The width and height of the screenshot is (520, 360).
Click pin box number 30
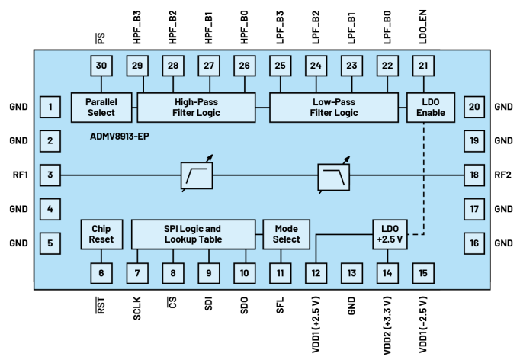101,66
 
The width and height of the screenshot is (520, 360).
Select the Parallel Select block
101,108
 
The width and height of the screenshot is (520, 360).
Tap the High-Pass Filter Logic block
195,108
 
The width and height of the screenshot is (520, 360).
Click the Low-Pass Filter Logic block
334,108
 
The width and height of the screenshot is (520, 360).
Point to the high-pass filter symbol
197,175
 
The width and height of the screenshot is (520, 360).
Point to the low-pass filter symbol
334,175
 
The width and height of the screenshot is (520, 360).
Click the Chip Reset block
101,234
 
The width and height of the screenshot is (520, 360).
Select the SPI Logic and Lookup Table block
192,234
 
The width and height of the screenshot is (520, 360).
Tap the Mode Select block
286,234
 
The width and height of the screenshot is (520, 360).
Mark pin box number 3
50,175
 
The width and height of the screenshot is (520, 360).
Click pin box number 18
474,175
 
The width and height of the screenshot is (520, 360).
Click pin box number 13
351,272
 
